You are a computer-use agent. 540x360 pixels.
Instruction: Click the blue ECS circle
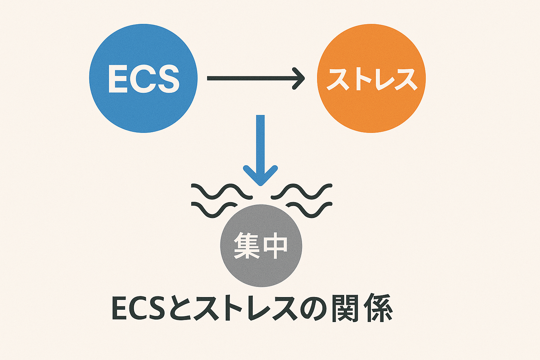pos(143,105)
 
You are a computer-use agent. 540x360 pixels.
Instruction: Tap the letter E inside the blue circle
pos(117,79)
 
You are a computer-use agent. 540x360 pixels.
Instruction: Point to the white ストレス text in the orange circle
pos(372,79)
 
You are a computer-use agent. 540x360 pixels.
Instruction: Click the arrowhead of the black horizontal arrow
pos(299,78)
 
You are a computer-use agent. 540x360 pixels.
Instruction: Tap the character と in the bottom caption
pos(179,308)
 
